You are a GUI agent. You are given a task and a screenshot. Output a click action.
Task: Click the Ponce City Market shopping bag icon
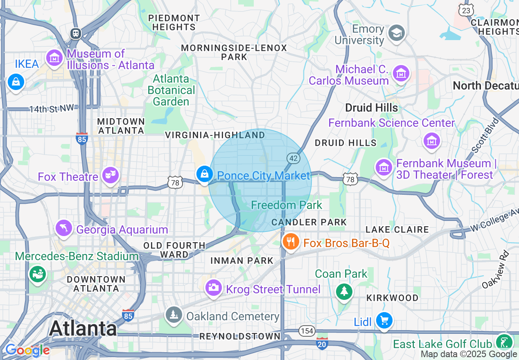(204, 174)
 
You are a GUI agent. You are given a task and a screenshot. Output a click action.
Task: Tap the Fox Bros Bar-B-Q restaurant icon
(290, 242)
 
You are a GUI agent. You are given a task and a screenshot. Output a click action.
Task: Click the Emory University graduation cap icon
(397, 33)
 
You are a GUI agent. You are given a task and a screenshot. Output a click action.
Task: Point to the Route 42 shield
(293, 158)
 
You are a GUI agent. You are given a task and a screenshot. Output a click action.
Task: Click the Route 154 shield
(307, 331)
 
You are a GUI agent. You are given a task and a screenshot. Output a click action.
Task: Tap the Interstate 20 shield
(322, 344)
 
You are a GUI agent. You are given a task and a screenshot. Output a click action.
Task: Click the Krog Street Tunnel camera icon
(213, 288)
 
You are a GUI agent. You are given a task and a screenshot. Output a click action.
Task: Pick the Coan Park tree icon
(344, 291)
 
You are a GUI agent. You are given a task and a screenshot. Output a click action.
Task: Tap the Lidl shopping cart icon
(384, 320)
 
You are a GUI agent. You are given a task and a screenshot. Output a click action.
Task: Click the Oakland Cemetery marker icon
(174, 315)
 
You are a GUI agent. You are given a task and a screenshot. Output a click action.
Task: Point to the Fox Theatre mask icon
(111, 175)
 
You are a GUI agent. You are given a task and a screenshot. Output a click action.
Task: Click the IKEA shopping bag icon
(16, 82)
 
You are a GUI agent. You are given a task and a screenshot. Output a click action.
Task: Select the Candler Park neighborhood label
(309, 222)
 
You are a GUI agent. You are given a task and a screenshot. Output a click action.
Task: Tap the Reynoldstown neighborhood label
(240, 336)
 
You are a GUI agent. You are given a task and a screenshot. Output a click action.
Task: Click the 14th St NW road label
(52, 108)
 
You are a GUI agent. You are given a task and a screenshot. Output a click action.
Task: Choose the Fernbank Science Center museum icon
(431, 140)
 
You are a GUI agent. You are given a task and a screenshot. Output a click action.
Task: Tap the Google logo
(27, 350)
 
